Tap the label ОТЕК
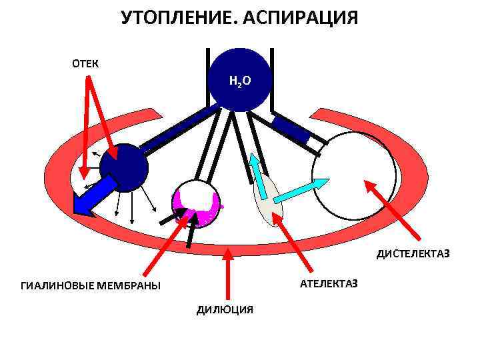[x=85, y=64]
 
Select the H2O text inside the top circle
[x=239, y=81]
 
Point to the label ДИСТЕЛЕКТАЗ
[x=413, y=254]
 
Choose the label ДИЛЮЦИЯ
[x=225, y=309]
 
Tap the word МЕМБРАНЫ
[x=131, y=286]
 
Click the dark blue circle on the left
[x=124, y=167]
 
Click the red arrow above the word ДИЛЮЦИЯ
[x=229, y=273]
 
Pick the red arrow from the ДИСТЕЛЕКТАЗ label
[x=394, y=209]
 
